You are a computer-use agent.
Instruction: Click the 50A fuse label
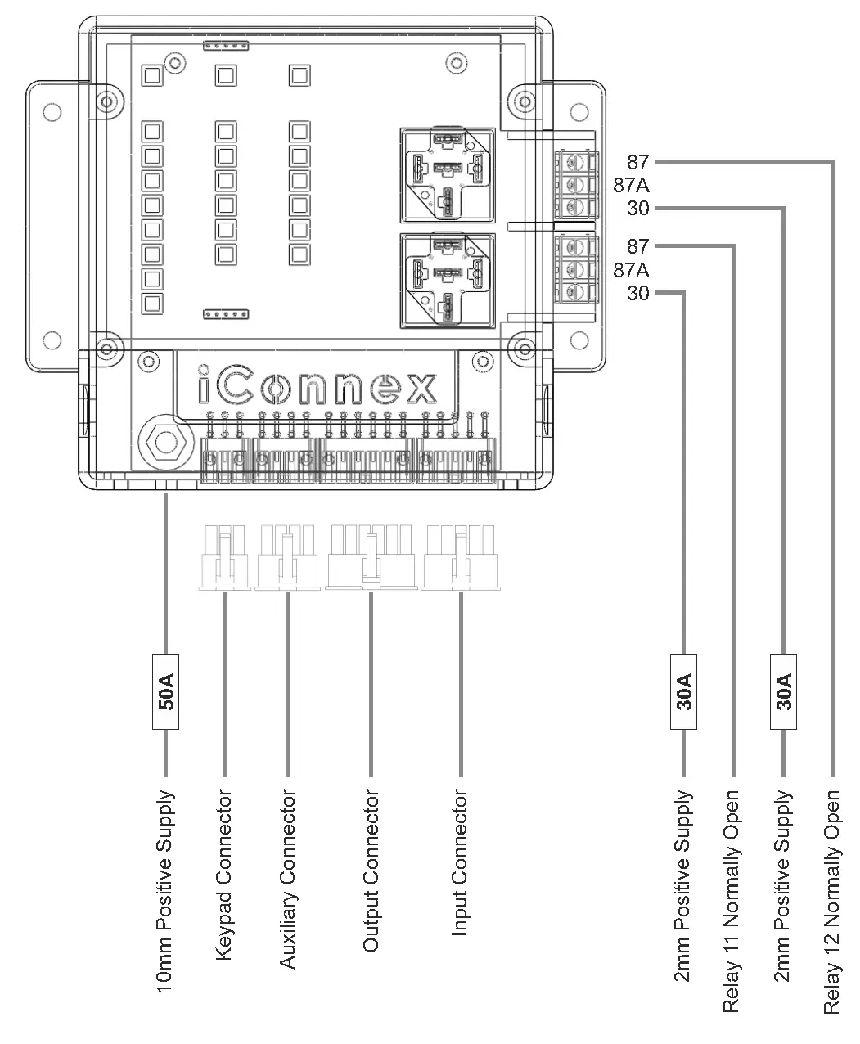click(165, 691)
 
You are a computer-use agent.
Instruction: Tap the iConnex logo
click(317, 388)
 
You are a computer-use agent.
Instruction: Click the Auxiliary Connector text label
click(287, 880)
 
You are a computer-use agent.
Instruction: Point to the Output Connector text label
click(371, 871)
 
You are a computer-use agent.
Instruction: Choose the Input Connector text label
click(460, 863)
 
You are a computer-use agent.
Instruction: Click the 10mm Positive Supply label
click(165, 892)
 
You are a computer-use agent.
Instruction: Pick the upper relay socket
click(447, 174)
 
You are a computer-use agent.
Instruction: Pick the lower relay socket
click(447, 280)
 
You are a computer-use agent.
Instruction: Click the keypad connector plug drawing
click(224, 559)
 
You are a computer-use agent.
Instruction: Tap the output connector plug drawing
click(371, 558)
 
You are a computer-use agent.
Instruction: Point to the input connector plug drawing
click(461, 558)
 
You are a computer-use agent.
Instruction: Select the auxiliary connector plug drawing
click(286, 558)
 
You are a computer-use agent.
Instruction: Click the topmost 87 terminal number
click(637, 162)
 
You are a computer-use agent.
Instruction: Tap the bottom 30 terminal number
click(637, 293)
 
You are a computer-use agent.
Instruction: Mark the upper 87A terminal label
click(631, 185)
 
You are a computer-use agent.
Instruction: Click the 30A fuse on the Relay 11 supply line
click(683, 691)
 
